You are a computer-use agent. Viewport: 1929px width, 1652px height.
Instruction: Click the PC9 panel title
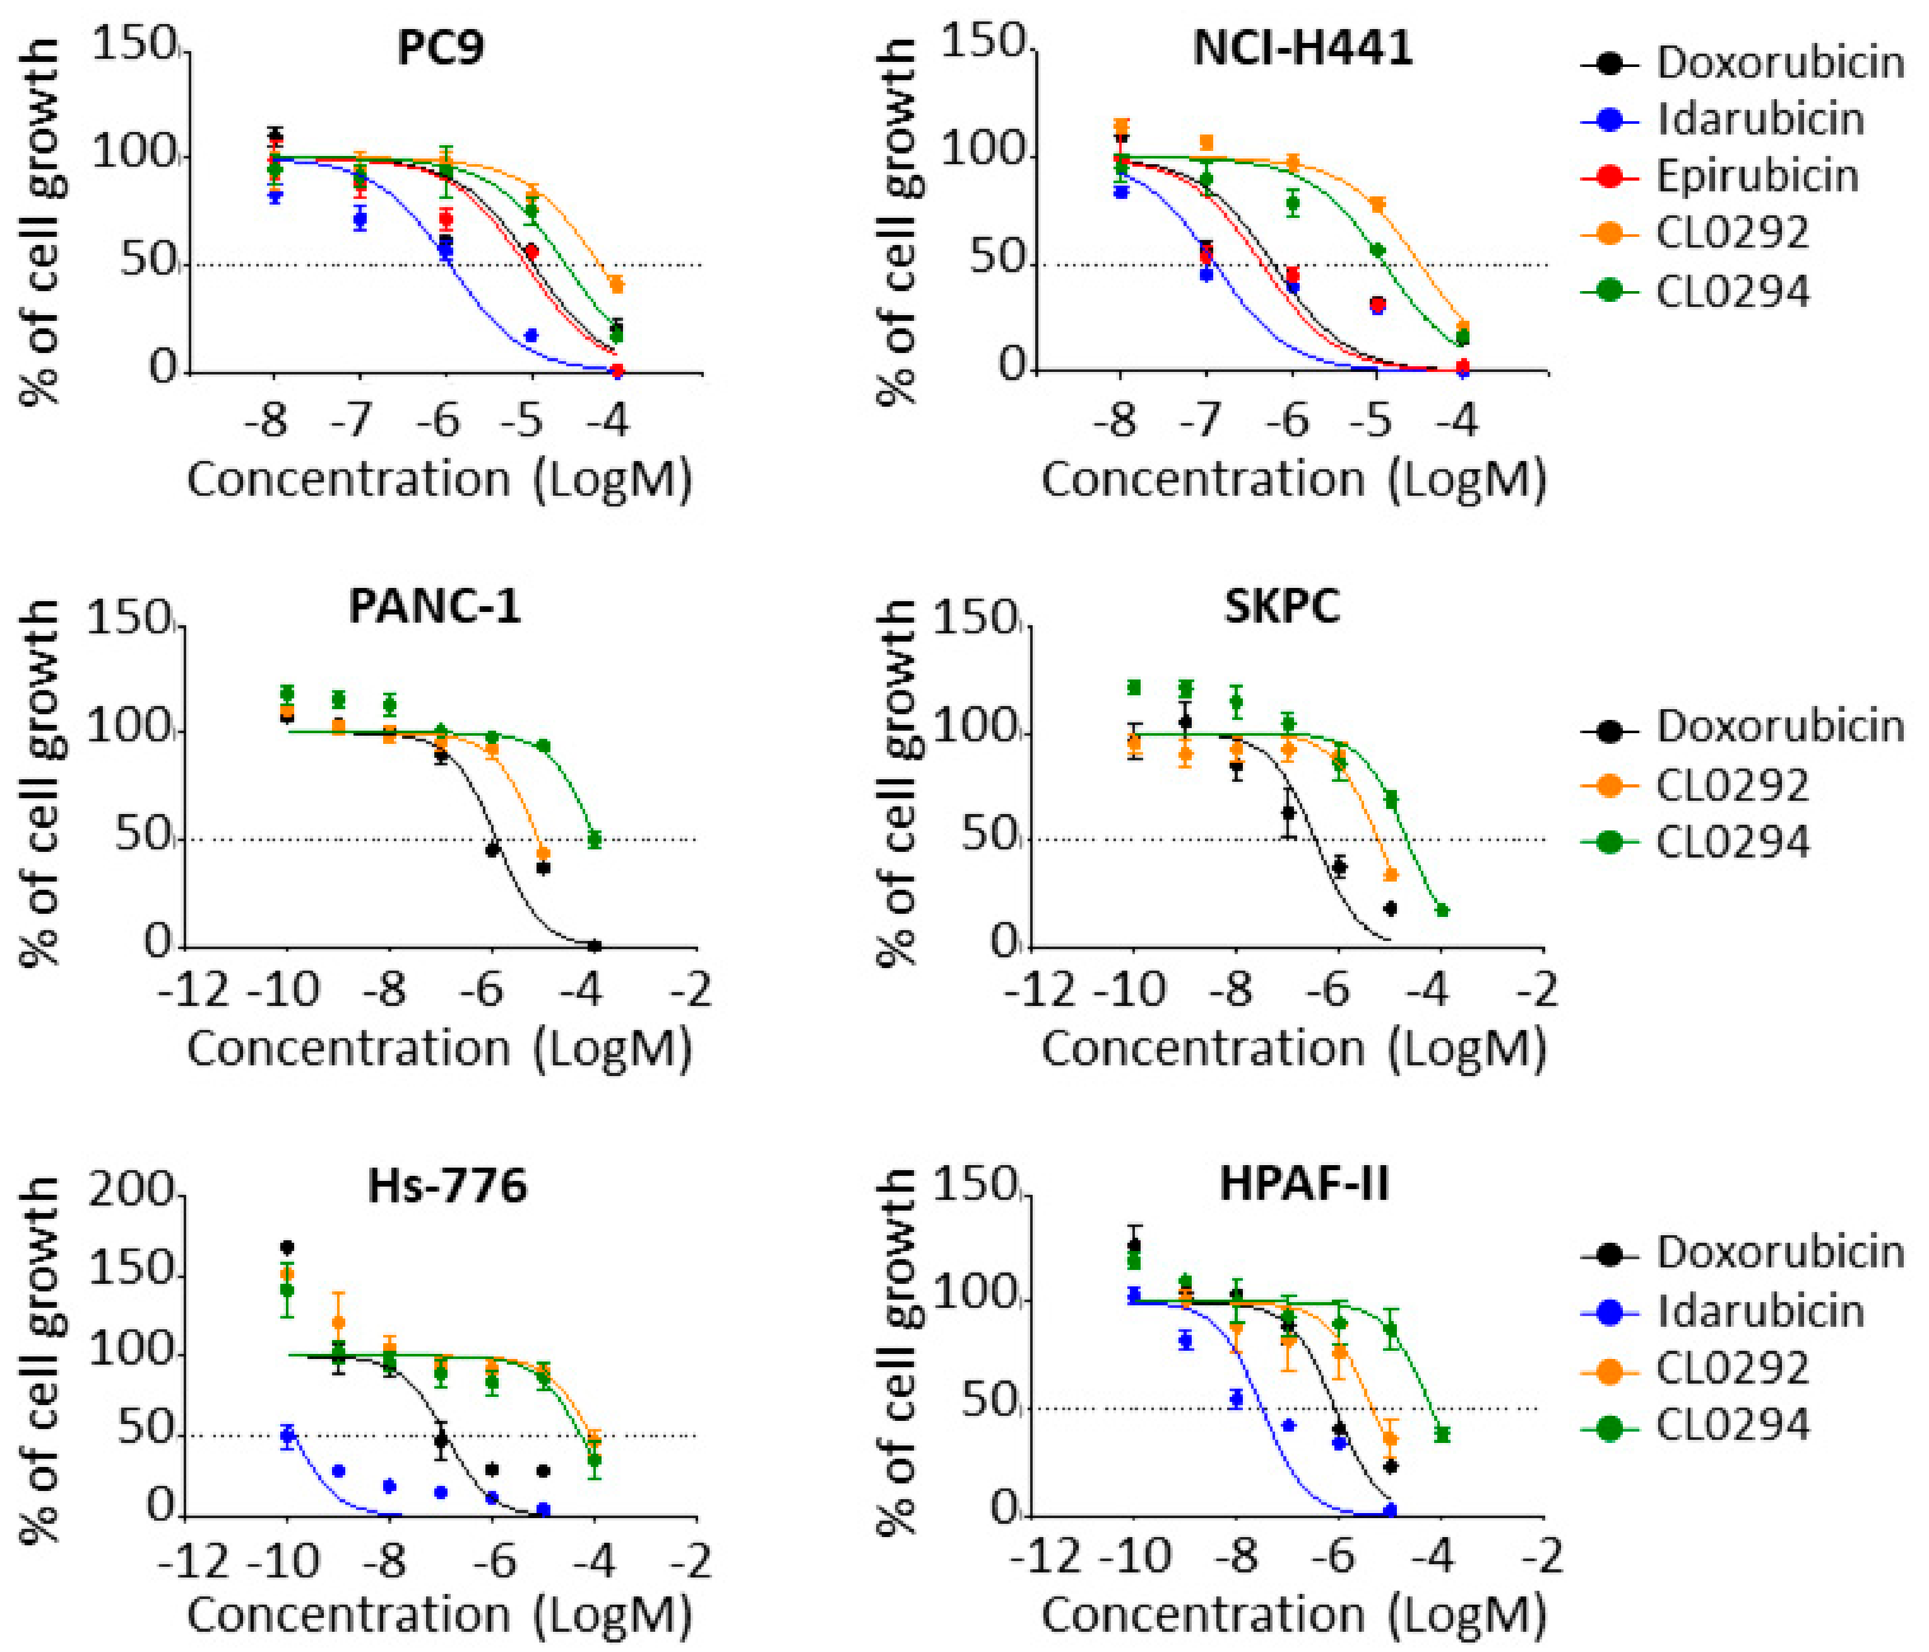pos(441,49)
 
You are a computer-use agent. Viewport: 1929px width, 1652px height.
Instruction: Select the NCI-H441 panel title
pos(1302,49)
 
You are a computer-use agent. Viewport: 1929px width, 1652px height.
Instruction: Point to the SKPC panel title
pos(1282,606)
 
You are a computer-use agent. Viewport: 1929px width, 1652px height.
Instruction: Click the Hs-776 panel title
pos(447,1185)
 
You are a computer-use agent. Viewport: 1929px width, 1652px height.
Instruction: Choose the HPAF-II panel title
pos(1303,1185)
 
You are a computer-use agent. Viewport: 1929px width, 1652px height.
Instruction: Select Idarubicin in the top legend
pos(1760,120)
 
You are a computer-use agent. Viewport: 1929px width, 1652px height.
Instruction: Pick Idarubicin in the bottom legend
pos(1760,1311)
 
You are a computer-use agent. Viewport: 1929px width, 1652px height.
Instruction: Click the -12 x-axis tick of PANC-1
pos(192,988)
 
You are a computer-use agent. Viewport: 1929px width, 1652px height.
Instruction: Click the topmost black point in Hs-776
pos(288,1247)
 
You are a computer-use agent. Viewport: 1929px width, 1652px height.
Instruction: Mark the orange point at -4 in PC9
pos(616,285)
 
